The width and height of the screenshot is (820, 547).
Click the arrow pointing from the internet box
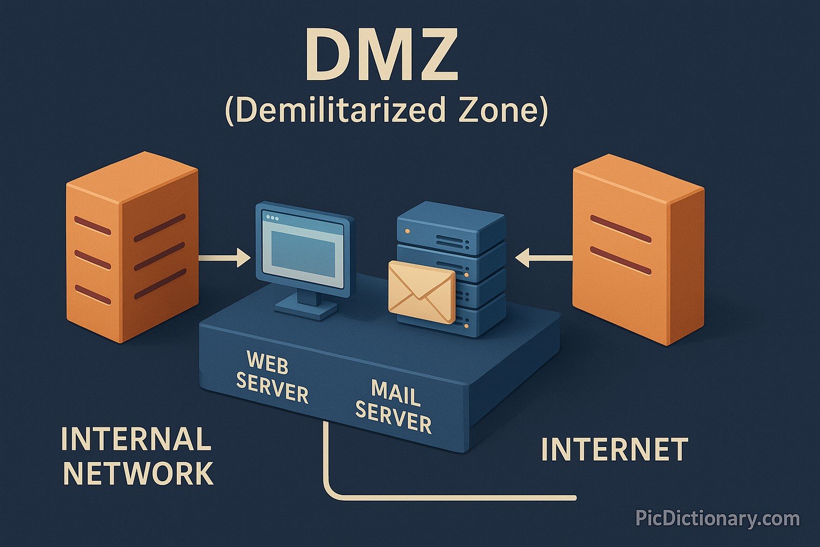543,258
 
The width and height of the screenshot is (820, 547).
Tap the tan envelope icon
421,292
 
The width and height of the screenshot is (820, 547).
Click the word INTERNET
614,450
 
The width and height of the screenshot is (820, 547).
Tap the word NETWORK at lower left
137,474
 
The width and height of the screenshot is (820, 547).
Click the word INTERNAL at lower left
136,439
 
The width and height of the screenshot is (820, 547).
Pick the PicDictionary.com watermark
717,518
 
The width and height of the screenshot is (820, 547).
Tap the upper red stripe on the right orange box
620,229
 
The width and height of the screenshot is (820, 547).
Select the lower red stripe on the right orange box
620,260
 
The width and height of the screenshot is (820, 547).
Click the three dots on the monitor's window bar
272,218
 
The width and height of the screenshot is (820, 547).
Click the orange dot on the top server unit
407,231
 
